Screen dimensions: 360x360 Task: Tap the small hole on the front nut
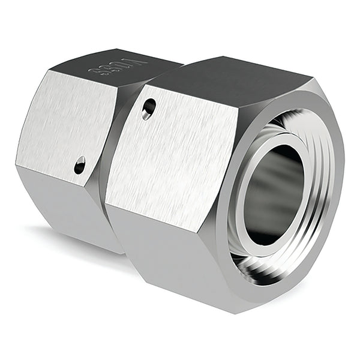point(149,108)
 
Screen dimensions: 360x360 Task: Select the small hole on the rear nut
point(79,165)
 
